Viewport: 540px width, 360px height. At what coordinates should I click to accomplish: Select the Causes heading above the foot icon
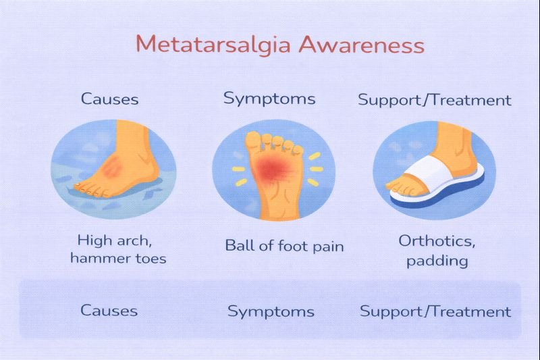click(x=109, y=99)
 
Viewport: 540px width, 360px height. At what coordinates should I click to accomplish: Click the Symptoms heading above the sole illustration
click(x=269, y=99)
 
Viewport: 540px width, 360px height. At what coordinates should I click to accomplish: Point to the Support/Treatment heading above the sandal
click(x=434, y=100)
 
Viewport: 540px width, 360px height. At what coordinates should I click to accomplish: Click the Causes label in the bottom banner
click(x=109, y=311)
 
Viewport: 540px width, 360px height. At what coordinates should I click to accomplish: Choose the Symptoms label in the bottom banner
click(x=271, y=311)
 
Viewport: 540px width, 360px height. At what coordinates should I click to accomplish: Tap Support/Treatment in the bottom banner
click(x=435, y=311)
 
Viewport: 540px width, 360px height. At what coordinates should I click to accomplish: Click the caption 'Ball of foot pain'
click(x=284, y=246)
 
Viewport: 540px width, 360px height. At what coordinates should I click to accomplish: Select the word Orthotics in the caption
click(x=437, y=241)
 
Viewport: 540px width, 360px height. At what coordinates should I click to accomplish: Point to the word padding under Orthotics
click(x=437, y=261)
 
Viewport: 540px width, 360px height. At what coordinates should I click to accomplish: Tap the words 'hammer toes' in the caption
click(x=118, y=259)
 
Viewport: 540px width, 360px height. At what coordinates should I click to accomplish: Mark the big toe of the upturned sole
click(x=253, y=140)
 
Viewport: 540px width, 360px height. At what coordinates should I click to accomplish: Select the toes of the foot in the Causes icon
click(x=90, y=190)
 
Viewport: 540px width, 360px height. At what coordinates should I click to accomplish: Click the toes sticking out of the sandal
click(x=400, y=188)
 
